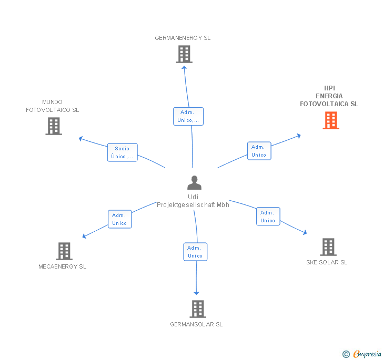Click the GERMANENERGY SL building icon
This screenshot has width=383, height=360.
(x=184, y=54)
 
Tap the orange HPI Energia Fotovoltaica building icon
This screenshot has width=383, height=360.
(x=330, y=120)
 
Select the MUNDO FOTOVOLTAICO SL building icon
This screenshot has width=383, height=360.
(x=54, y=126)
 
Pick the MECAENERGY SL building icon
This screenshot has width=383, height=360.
(x=64, y=251)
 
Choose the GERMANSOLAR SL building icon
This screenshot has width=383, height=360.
(x=197, y=309)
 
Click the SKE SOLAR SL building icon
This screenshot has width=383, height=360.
(x=328, y=247)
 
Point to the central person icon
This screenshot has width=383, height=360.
(x=194, y=183)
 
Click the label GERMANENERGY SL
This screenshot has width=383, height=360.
(x=183, y=38)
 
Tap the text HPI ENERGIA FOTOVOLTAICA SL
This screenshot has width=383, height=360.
(x=329, y=96)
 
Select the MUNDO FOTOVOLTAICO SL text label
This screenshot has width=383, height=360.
(x=53, y=106)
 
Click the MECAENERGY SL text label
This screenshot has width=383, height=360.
(x=63, y=266)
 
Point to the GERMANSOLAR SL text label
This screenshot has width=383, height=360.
(x=196, y=324)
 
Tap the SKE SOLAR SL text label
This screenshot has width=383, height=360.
(x=327, y=262)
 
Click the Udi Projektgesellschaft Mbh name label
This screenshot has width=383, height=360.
(x=193, y=201)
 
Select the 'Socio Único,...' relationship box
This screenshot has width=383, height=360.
(x=122, y=152)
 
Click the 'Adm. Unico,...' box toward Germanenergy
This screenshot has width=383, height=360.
(x=188, y=116)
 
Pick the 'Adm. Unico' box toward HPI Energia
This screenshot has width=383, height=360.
(x=259, y=151)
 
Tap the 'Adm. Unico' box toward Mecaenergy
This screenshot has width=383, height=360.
(x=119, y=219)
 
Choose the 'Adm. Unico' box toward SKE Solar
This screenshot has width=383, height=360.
(x=268, y=217)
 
